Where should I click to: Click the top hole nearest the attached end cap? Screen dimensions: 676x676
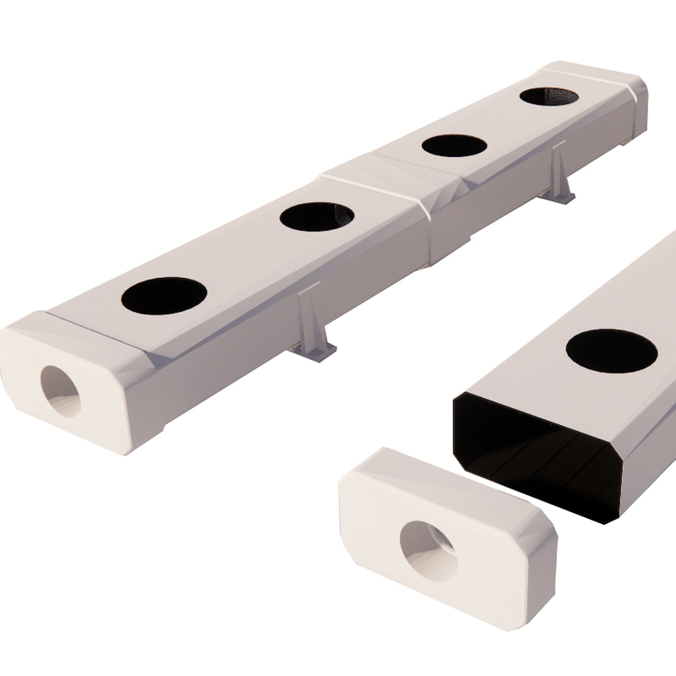164,296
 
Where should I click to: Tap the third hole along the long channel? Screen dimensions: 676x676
454,145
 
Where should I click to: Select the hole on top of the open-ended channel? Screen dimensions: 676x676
611,350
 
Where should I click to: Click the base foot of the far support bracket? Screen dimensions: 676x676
559,197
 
